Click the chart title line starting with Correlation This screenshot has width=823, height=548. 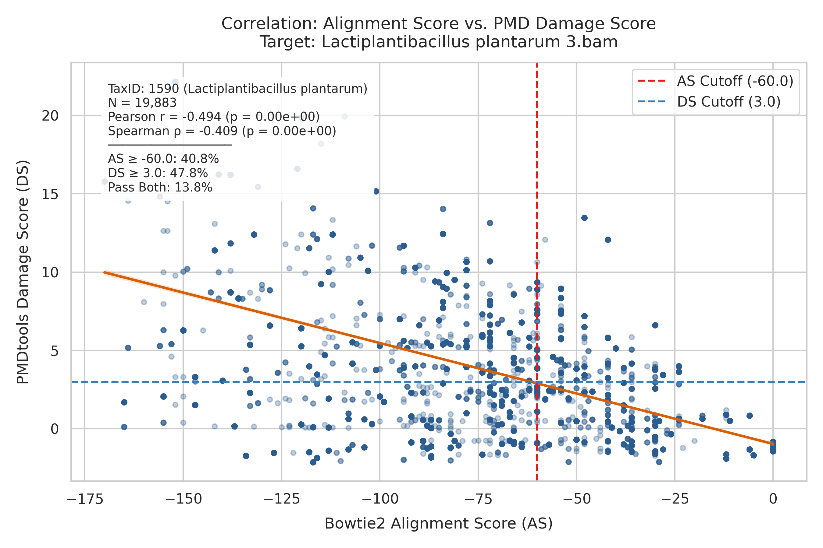click(438, 24)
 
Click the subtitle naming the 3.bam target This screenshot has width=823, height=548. click(438, 42)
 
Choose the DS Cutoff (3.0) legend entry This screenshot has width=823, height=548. click(709, 102)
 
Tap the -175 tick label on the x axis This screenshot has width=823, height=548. click(85, 499)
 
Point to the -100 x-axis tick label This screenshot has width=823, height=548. click(380, 499)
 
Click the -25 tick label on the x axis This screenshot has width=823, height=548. click(675, 499)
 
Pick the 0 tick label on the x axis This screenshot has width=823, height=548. click(773, 499)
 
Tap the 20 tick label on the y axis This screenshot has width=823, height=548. click(50, 116)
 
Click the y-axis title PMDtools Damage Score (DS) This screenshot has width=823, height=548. click(23, 272)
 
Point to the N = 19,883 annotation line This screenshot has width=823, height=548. click(142, 103)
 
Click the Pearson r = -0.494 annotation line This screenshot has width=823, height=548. click(214, 117)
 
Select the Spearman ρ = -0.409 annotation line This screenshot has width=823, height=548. click(222, 131)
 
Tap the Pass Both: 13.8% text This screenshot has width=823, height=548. click(160, 188)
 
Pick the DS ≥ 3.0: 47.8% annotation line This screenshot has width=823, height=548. click(158, 173)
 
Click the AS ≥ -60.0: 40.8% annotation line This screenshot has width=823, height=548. click(163, 159)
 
